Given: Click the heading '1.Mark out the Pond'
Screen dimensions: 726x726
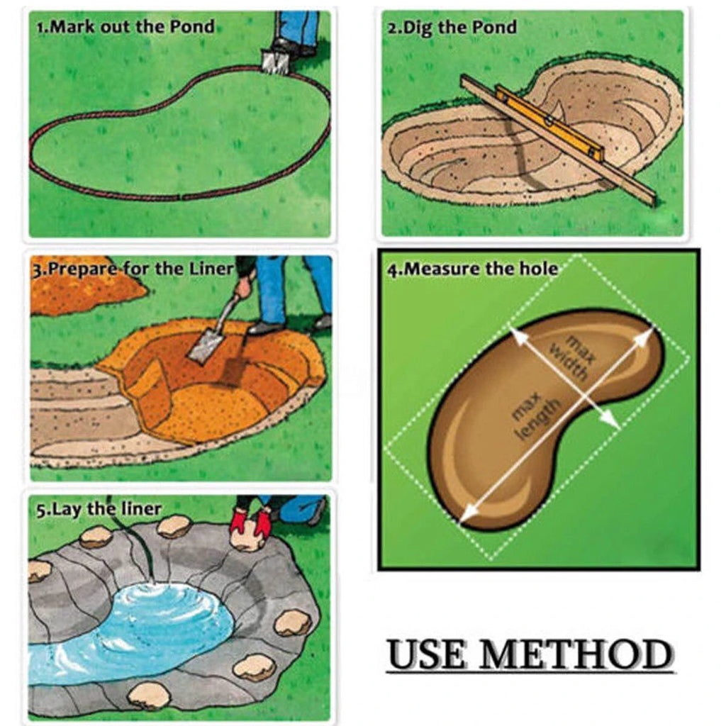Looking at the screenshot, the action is click(125, 27).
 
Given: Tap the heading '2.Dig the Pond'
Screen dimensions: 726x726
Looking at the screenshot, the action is click(452, 28).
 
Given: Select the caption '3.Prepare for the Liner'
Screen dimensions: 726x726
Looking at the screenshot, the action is click(133, 269).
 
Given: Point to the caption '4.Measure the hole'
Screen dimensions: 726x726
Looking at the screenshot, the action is click(473, 269).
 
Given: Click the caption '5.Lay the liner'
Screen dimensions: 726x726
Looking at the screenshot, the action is click(99, 509).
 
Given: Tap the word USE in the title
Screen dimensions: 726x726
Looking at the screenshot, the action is click(426, 654).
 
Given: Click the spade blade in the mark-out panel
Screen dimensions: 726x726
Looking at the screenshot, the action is click(275, 62).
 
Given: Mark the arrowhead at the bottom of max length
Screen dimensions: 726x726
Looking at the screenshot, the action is click(468, 513).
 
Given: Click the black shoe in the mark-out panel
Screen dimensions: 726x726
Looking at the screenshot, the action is click(288, 46).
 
